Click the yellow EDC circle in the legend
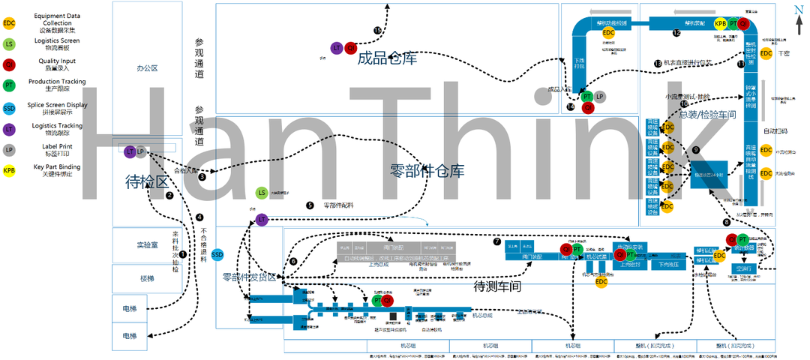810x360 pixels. tap(9, 22)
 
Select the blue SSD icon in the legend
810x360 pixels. tap(9, 108)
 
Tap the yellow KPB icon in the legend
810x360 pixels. tap(9, 171)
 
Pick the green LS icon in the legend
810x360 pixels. tap(9, 44)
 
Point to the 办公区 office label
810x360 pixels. tap(147, 68)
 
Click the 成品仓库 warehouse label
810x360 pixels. tap(387, 58)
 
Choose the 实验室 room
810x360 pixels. tap(147, 245)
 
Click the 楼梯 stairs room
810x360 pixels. tap(147, 278)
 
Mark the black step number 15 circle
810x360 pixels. tap(377, 29)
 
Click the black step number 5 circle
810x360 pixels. tap(310, 205)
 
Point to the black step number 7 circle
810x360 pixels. tap(497, 241)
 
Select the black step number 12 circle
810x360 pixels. tap(676, 33)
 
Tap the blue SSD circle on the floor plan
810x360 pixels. tap(217, 255)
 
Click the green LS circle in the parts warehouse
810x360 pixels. tap(261, 193)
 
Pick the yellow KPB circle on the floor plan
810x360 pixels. tap(720, 24)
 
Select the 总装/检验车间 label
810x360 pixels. tap(706, 114)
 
